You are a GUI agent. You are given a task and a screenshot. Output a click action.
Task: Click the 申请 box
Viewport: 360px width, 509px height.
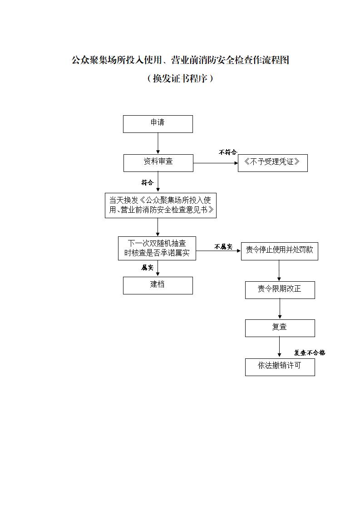coord(158,124)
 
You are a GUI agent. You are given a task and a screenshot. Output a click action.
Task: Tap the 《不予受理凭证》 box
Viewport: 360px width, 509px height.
coord(272,163)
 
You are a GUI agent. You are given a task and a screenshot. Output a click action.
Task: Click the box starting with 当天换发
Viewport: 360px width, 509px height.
coord(160,206)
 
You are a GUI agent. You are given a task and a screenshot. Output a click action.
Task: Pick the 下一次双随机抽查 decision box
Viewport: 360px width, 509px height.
coord(157,248)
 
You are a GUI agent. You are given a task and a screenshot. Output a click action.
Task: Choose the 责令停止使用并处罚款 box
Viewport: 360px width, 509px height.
coord(279,250)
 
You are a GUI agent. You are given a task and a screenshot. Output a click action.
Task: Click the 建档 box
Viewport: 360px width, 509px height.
coord(158,285)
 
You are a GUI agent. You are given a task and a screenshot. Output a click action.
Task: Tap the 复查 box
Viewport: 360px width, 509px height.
coord(280,328)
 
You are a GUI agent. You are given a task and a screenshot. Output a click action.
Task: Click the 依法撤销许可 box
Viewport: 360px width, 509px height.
coord(280,367)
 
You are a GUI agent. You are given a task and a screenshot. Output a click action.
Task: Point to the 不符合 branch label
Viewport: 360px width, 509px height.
coord(228,152)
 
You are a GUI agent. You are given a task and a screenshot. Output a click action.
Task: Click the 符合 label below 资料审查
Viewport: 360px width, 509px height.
coord(147,183)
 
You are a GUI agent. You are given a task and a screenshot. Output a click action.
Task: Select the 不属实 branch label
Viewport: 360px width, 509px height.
coord(223,247)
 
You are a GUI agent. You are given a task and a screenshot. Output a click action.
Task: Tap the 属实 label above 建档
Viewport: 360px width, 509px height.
coord(147,268)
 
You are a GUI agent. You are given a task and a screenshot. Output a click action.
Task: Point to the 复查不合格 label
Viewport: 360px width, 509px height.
coord(309,352)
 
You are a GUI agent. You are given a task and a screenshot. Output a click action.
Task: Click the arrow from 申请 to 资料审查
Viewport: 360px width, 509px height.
coord(158,143)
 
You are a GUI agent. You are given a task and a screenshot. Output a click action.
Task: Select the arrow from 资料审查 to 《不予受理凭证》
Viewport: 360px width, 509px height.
coord(216,163)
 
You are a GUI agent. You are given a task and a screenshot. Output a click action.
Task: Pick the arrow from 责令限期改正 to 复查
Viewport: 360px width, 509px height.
coord(280,309)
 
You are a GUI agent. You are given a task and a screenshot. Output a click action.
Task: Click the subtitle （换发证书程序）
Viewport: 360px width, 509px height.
coord(180,78)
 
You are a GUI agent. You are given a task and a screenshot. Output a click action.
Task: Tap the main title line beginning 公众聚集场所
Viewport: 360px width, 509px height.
coord(180,60)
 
